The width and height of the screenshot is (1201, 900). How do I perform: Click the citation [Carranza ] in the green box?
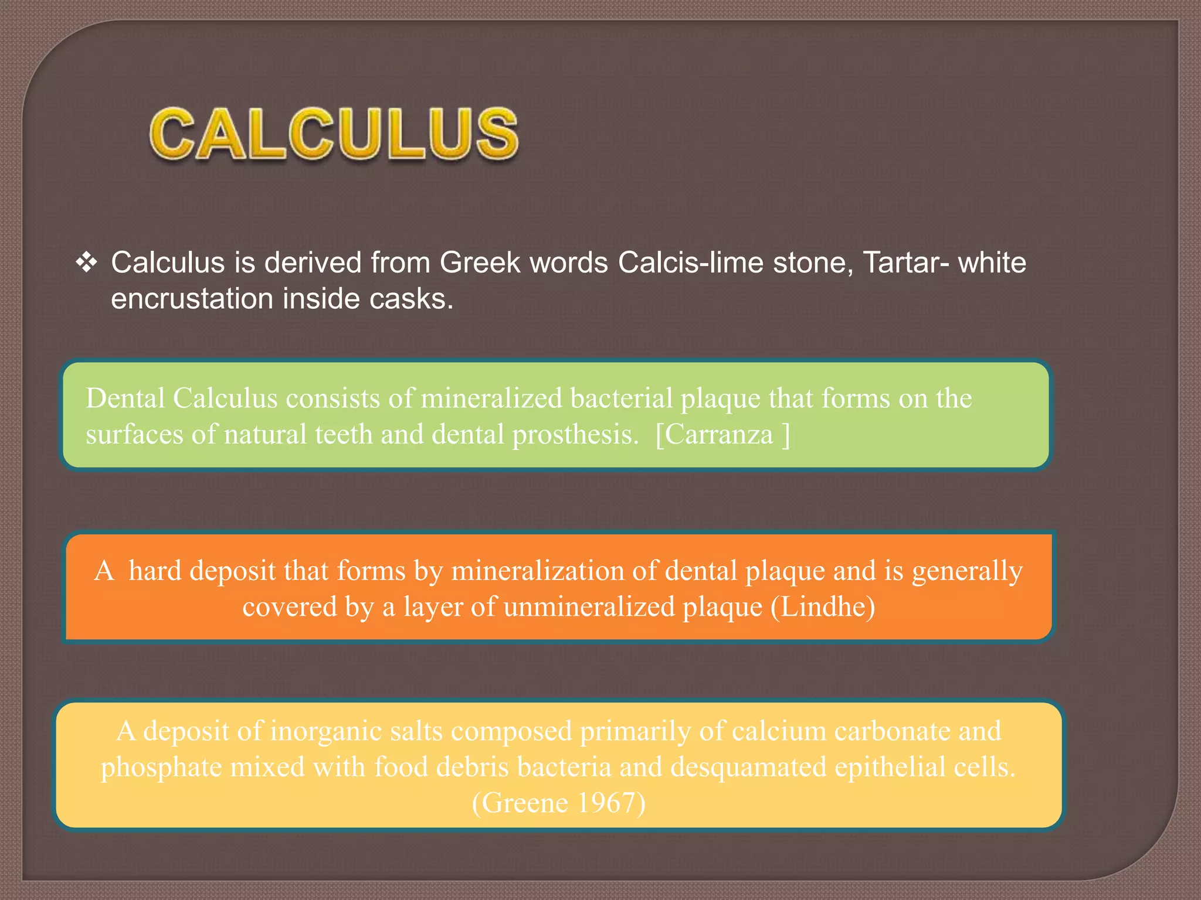[x=722, y=435]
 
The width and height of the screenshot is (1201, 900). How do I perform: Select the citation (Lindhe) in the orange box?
[x=823, y=607]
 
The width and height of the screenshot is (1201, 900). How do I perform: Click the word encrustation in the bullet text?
[x=192, y=299]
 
